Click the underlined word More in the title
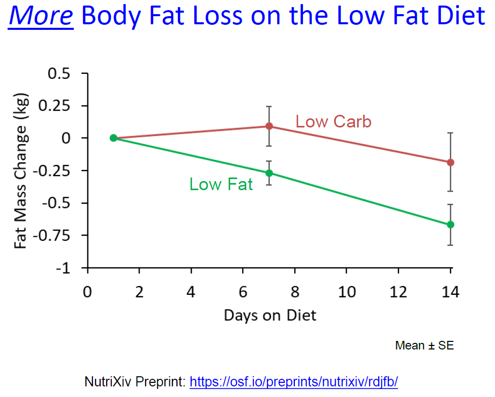[41, 17]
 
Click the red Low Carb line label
[333, 122]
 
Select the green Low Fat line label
[221, 184]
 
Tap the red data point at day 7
[269, 126]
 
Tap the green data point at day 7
[269, 173]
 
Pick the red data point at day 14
[451, 162]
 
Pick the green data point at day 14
[451, 225]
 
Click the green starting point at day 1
[113, 138]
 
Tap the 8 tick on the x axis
[295, 292]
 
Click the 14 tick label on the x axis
[451, 292]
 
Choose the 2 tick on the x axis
[140, 292]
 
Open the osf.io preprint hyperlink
[294, 381]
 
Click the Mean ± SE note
[424, 345]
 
